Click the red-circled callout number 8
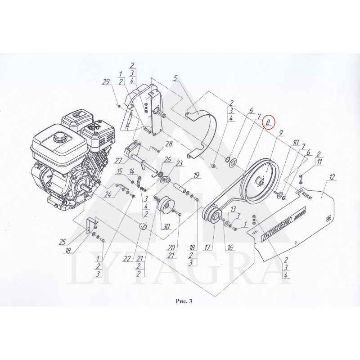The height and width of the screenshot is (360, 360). [268, 122]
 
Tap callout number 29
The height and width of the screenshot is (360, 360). [106, 82]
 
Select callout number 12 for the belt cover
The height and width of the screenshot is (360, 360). [332, 177]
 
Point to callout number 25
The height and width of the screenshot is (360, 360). [63, 242]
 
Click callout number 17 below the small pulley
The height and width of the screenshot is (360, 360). [207, 247]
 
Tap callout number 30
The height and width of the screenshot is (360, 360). [166, 227]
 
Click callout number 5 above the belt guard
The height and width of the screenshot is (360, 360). [175, 78]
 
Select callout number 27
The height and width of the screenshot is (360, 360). [118, 160]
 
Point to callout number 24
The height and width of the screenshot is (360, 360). [108, 194]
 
